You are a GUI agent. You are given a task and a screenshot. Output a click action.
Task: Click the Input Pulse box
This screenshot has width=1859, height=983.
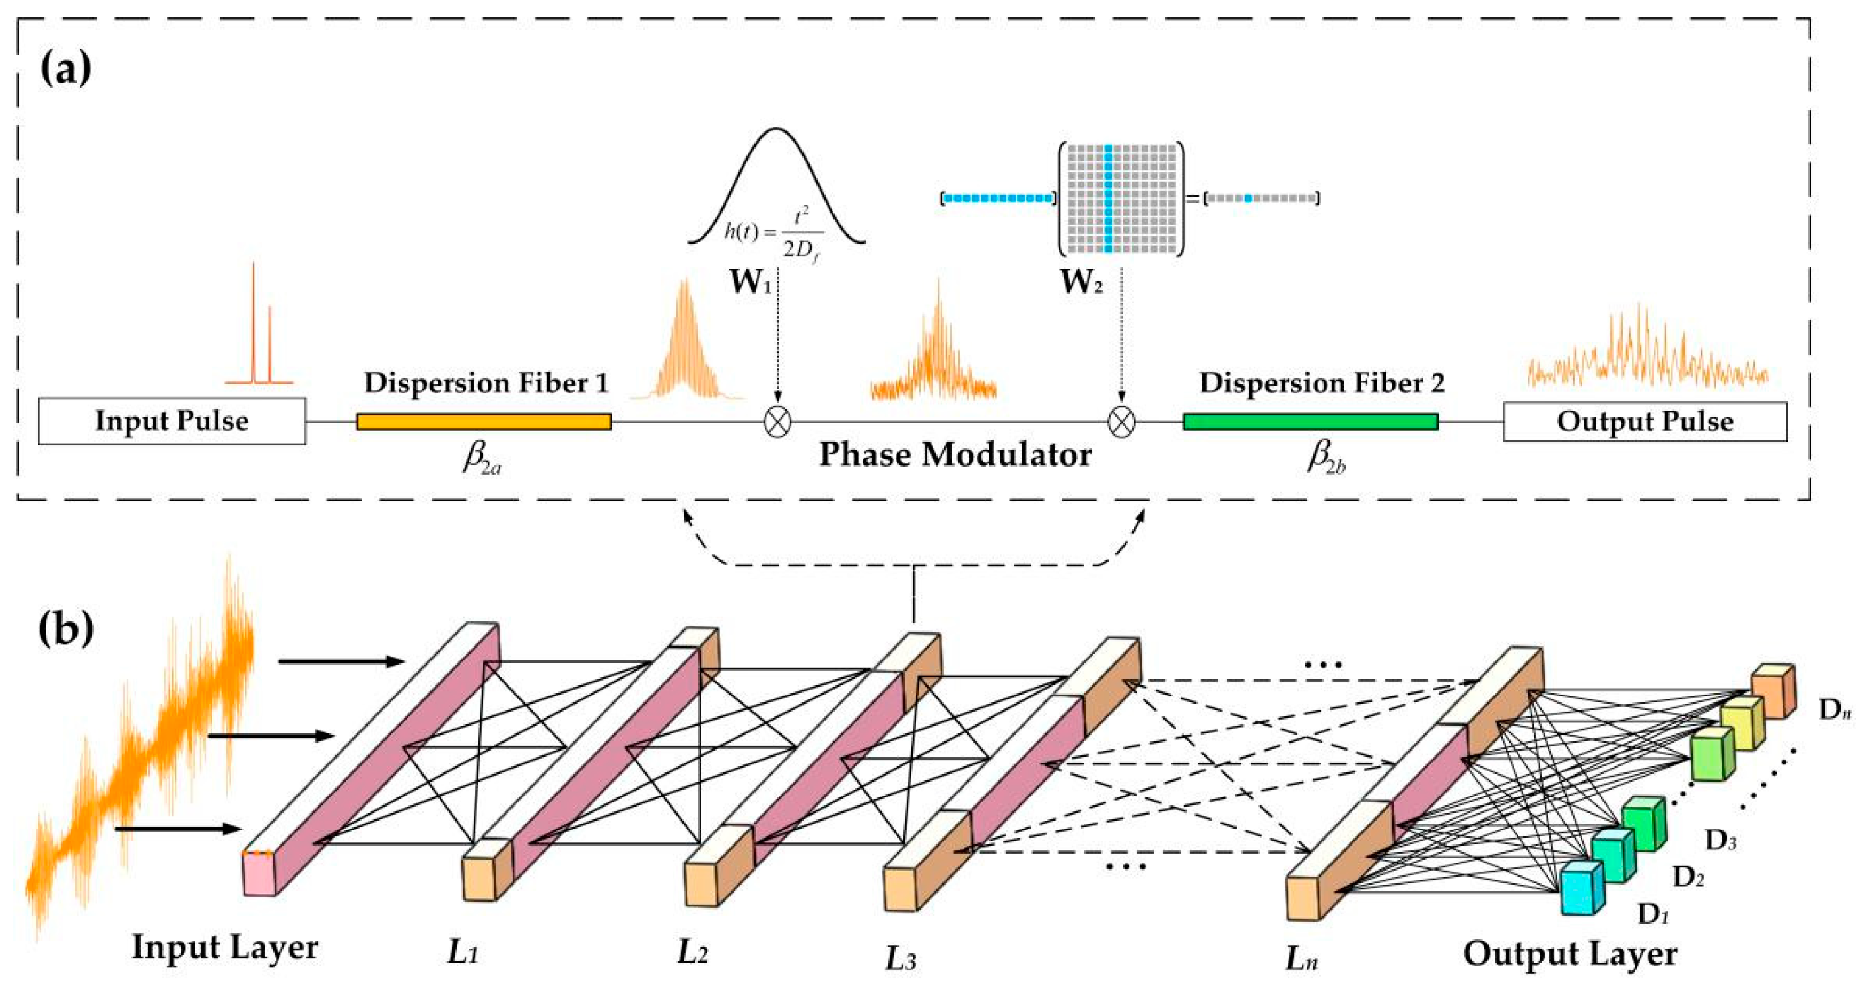pos(172,421)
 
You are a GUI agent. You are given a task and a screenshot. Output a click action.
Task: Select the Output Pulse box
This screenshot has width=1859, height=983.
pos(1645,421)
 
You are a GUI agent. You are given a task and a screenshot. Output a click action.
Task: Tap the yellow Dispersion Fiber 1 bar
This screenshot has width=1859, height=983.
pos(484,421)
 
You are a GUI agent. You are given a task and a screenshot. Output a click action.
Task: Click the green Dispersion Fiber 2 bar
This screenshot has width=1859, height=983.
pos(1310,421)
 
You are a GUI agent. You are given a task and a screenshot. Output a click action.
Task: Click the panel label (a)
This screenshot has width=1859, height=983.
pos(65,70)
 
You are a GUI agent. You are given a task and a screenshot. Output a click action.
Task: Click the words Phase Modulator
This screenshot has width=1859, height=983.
pos(955,455)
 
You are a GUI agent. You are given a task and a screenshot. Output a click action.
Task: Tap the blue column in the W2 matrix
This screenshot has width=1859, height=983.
pos(1109,199)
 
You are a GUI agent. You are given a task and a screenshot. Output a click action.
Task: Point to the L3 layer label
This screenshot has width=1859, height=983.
pos(901,959)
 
